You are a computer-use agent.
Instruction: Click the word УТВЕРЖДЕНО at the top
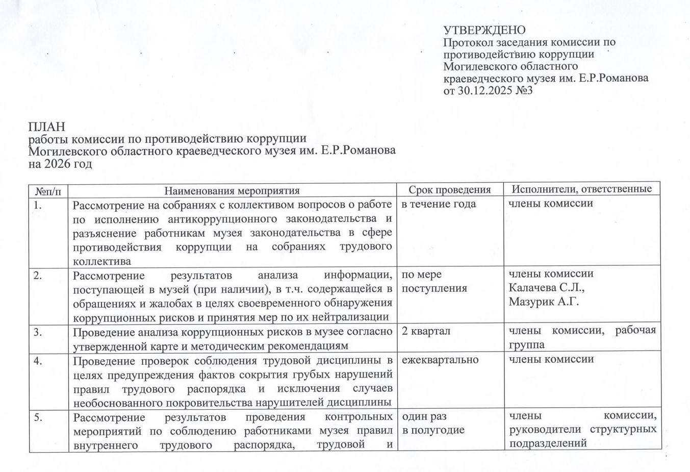coord(484,30)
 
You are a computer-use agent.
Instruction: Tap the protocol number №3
coord(523,91)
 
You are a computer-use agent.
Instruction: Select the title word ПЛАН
coord(47,126)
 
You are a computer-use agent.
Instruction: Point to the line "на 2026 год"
coord(60,164)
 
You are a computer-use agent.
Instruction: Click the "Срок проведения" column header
coord(449,190)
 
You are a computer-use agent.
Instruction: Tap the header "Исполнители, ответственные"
coord(582,189)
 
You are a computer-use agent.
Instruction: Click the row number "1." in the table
coord(37,205)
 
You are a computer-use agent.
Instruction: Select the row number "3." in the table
coord(37,332)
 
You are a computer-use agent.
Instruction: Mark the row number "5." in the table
coord(37,417)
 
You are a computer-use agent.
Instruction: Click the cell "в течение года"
coord(439,204)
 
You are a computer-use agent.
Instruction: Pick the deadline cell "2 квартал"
coord(426,331)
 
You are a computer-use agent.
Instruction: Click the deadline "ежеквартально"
coord(440,360)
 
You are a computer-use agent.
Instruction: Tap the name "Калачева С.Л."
coord(546,288)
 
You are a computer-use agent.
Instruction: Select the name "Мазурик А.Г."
coord(544,302)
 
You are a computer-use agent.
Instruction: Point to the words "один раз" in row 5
coord(424,417)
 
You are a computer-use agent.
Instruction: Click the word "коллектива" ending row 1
coord(101,261)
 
